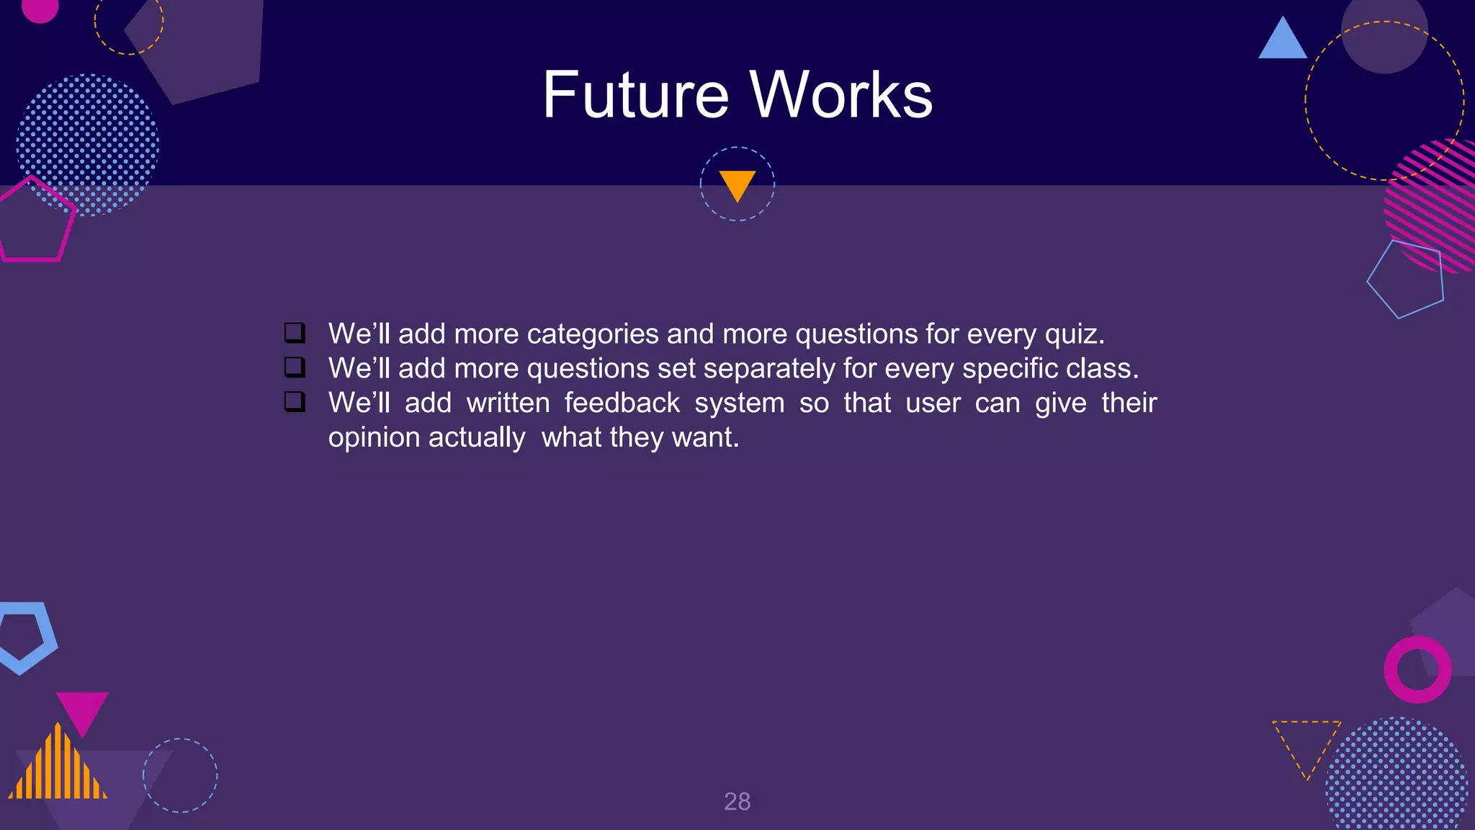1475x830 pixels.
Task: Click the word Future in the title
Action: [635, 95]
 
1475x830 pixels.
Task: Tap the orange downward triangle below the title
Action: [737, 184]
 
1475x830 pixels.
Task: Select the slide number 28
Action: [737, 801]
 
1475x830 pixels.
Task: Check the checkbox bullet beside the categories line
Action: [295, 333]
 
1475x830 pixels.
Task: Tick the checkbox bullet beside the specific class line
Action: [295, 367]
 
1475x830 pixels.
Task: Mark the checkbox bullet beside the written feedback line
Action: [295, 401]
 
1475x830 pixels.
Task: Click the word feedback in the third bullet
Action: [622, 403]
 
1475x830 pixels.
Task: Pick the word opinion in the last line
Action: [373, 438]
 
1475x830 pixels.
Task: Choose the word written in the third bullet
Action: [508, 403]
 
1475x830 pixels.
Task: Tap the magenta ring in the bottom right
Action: [1417, 669]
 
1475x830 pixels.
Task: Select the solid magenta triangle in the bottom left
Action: [82, 709]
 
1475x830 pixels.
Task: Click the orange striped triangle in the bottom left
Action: [58, 768]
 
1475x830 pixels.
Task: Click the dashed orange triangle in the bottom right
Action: [1306, 742]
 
